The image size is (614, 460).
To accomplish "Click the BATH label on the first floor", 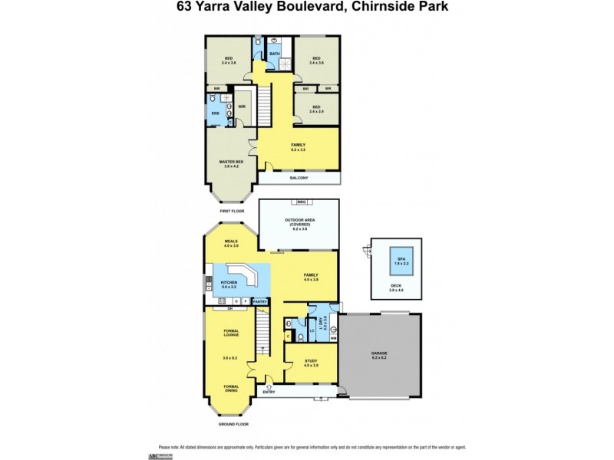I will pos(275,54).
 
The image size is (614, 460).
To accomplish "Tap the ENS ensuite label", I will pos(215,114).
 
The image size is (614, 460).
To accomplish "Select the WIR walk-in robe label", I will pos(241,107).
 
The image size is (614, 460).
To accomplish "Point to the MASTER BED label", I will pos(231,163).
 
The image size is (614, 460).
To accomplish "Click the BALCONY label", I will pos(299,178).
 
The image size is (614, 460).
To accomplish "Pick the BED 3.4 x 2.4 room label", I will pos(316,110).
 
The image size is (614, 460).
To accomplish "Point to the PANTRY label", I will pos(260,301).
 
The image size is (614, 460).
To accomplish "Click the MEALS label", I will pos(231,243).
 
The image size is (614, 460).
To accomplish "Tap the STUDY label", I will pos(310,363).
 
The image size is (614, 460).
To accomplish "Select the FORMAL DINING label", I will pos(231,389).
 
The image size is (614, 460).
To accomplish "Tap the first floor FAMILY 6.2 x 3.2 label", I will pos(298,146).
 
